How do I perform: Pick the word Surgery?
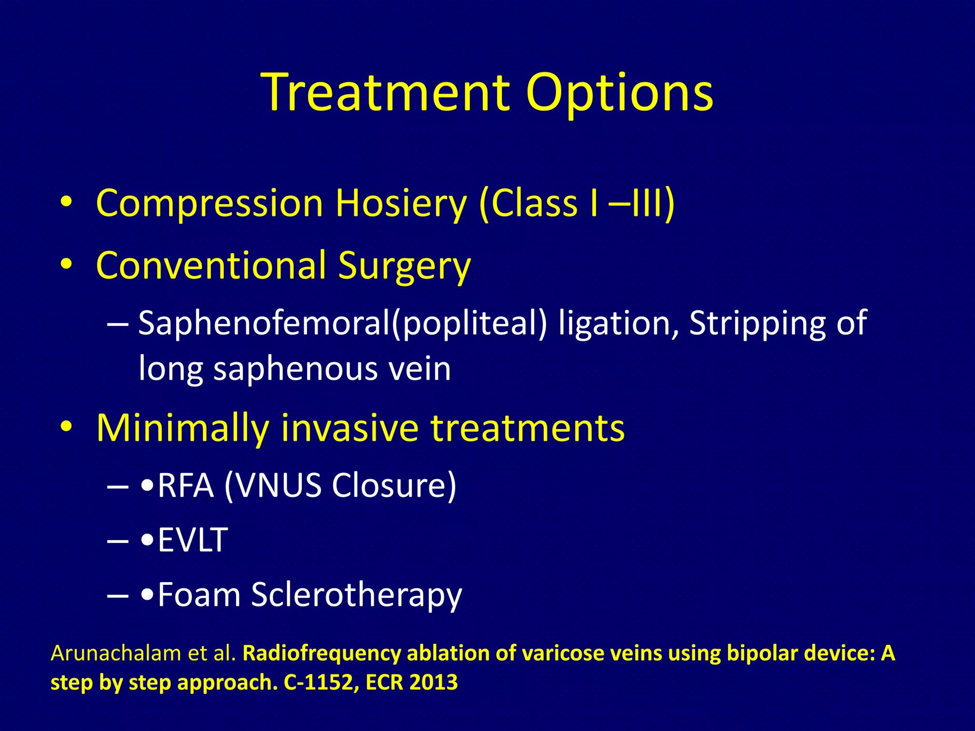click(x=404, y=267)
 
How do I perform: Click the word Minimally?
click(x=183, y=428)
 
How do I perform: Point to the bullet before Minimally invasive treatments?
click(x=66, y=426)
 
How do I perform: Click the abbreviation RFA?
click(x=186, y=486)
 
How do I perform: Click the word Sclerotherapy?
click(x=357, y=595)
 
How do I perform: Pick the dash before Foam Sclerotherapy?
click(x=118, y=595)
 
